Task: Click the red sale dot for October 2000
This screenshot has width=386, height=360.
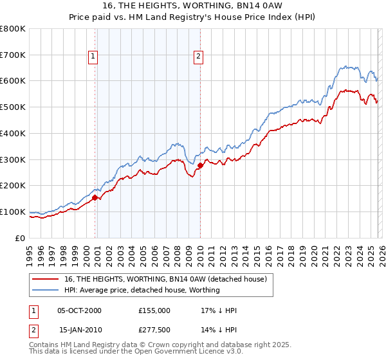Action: [x=95, y=198]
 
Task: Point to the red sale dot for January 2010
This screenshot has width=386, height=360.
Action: [x=200, y=166]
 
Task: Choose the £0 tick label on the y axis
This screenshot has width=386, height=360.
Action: [x=21, y=238]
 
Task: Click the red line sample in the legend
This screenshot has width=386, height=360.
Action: [x=45, y=279]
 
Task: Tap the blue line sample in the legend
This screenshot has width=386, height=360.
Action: [x=45, y=290]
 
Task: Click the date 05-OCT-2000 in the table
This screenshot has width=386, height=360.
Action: [x=79, y=310]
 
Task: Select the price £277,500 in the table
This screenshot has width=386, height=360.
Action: [x=154, y=330]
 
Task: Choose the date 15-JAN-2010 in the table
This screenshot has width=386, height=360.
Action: [x=79, y=330]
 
